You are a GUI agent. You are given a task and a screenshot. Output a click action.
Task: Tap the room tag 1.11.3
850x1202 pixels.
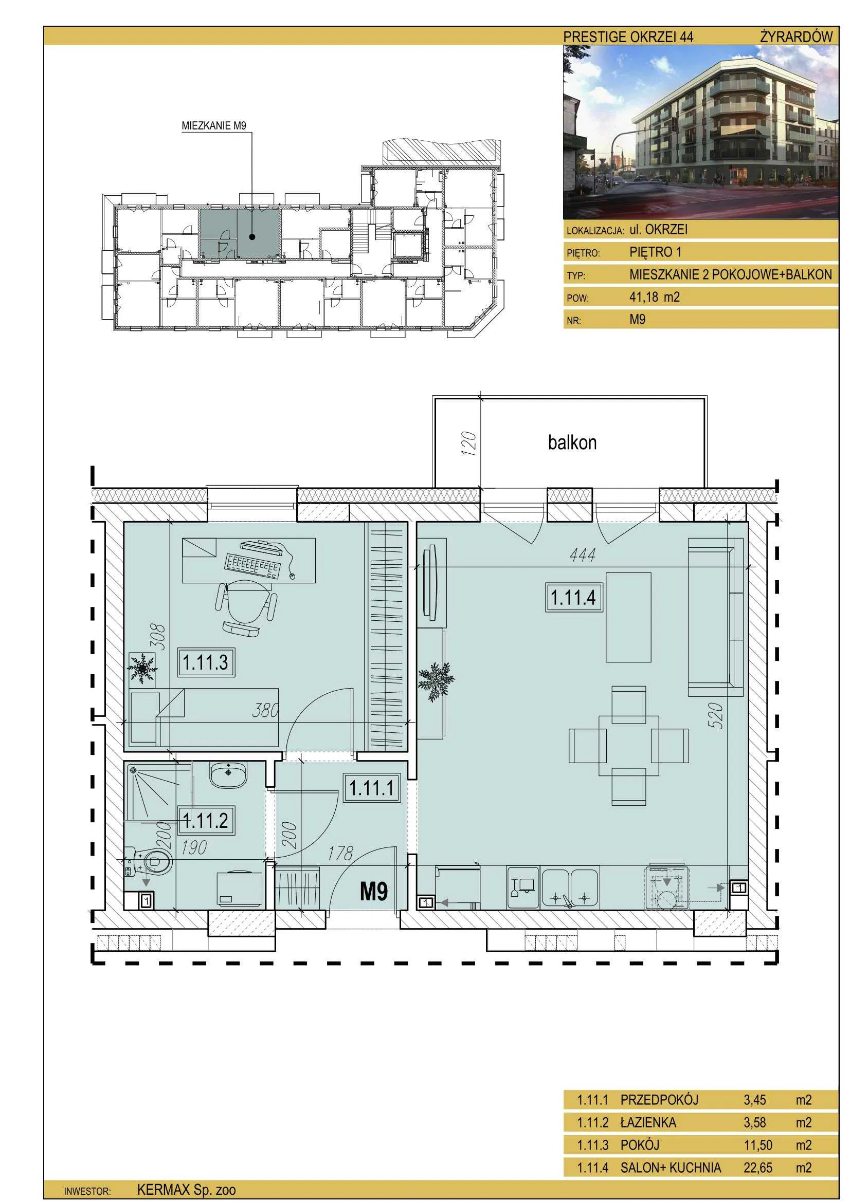pyautogui.click(x=205, y=662)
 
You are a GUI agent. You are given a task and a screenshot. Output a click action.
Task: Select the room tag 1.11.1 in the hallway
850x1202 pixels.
pyautogui.click(x=371, y=788)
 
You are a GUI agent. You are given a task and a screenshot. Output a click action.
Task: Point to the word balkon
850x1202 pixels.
pyautogui.click(x=572, y=443)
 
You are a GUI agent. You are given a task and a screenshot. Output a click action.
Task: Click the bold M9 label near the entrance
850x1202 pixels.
pyautogui.click(x=373, y=891)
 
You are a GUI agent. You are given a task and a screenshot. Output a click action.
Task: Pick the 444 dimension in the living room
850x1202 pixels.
pyautogui.click(x=583, y=554)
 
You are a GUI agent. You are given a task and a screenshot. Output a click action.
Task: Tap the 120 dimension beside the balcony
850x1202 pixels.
pyautogui.click(x=469, y=443)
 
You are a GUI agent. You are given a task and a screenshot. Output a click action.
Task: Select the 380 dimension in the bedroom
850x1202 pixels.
pyautogui.click(x=265, y=710)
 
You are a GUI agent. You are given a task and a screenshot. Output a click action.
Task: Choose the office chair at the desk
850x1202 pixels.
pyautogui.click(x=246, y=607)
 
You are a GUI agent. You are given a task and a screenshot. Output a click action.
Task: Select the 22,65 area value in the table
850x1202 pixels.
pyautogui.click(x=758, y=1168)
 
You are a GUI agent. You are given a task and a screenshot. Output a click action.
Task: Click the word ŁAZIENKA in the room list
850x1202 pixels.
pyautogui.click(x=648, y=1122)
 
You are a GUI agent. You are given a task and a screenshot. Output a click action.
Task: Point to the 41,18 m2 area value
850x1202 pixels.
pyautogui.click(x=655, y=298)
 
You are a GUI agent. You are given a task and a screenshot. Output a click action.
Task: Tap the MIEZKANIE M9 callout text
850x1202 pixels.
pyautogui.click(x=214, y=125)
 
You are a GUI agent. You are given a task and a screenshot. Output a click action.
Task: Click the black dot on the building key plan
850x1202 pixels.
pyautogui.click(x=252, y=236)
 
